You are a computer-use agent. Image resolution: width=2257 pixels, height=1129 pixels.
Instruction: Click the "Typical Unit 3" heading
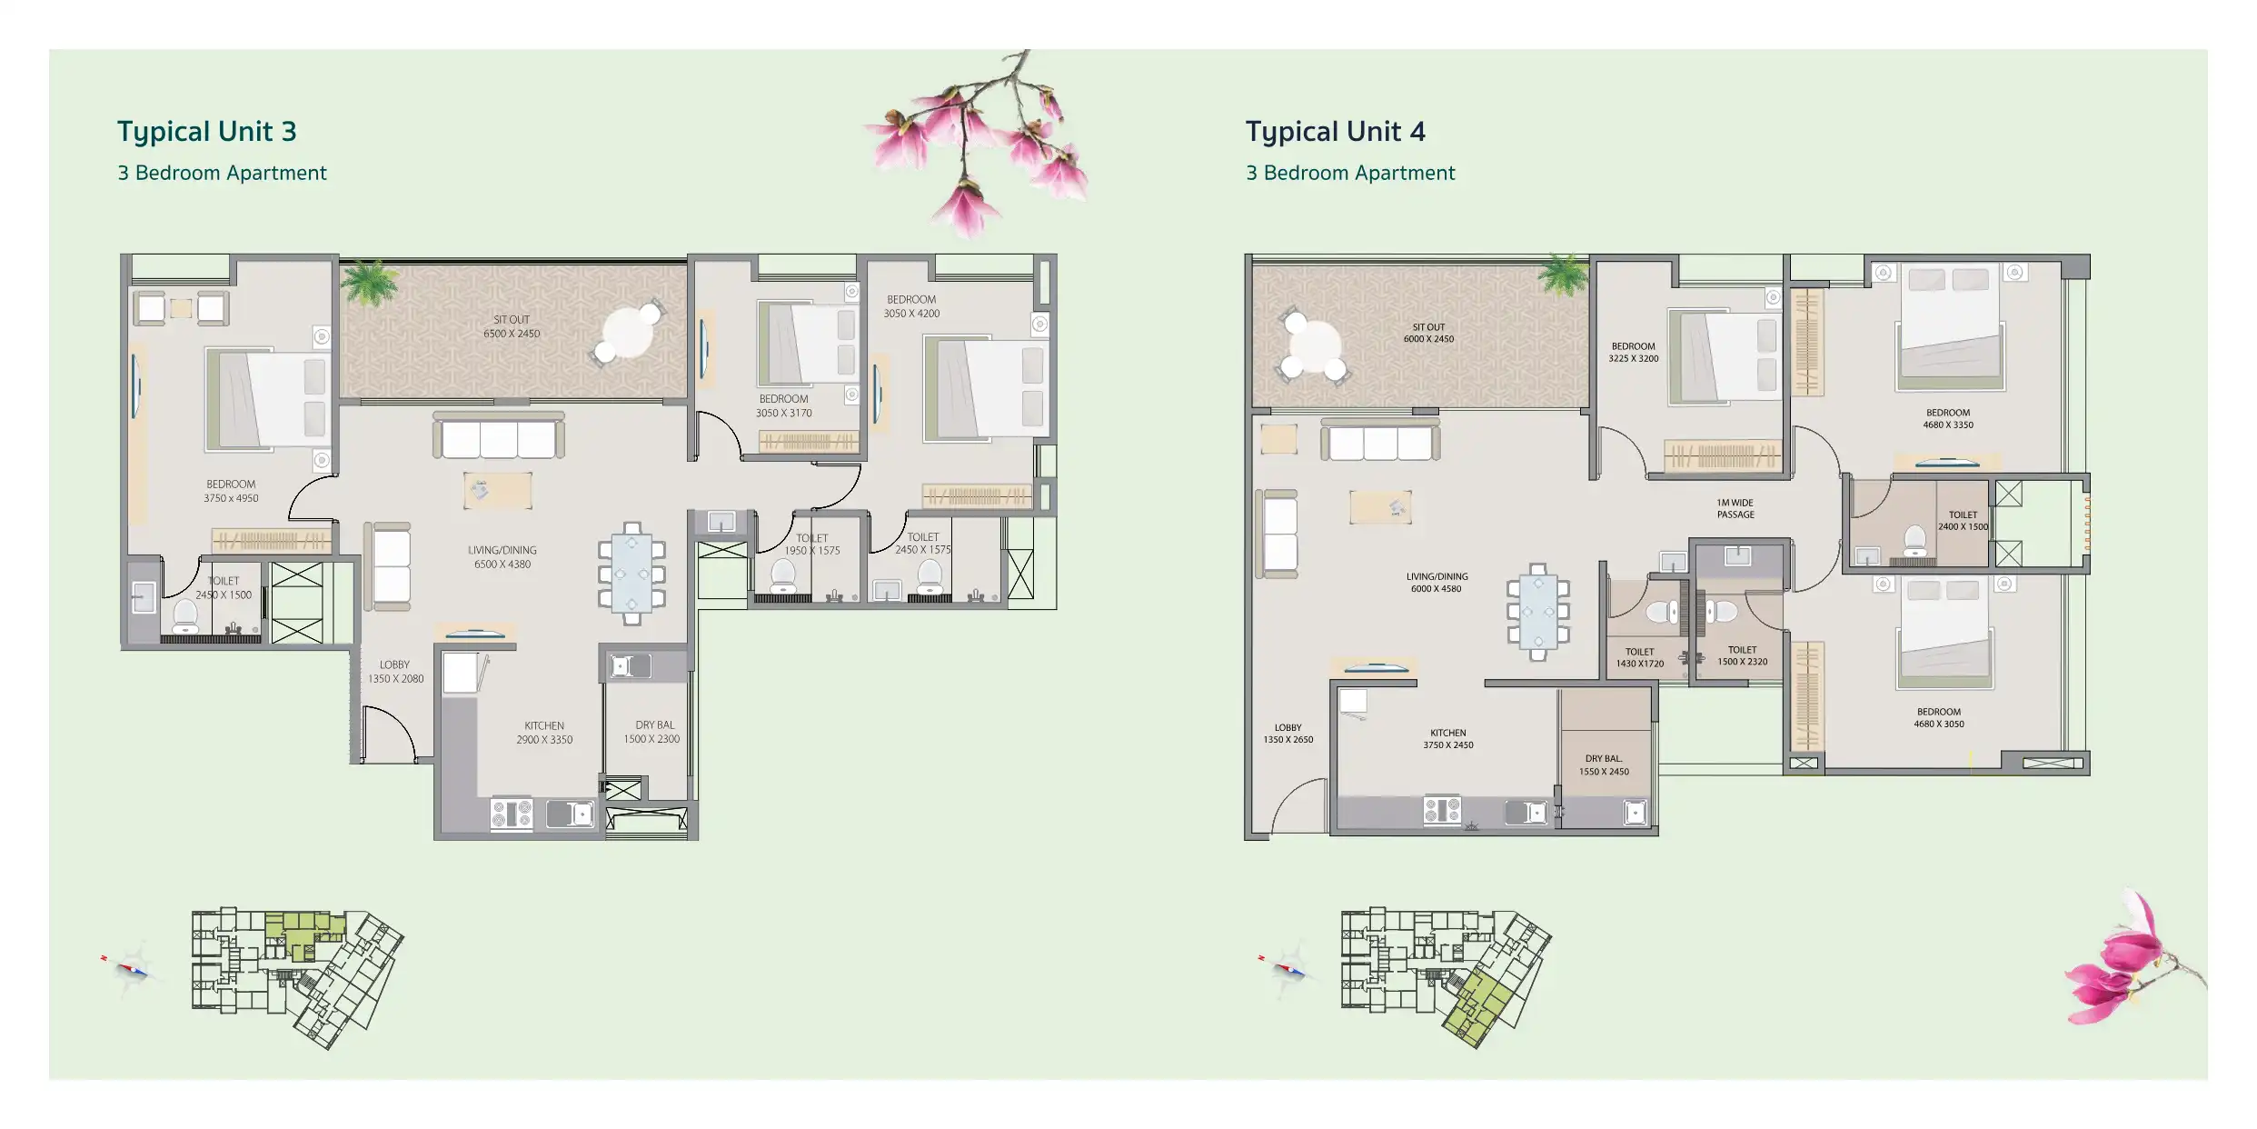pyautogui.click(x=207, y=132)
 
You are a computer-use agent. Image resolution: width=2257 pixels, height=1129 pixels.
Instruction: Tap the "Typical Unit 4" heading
pyautogui.click(x=1336, y=132)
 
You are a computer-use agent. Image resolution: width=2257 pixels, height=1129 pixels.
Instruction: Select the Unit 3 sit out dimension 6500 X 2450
pyautogui.click(x=512, y=334)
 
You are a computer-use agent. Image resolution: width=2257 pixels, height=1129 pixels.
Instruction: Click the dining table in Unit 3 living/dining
pyautogui.click(x=631, y=574)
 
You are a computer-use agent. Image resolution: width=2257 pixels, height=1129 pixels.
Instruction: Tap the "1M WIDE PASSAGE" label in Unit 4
pyautogui.click(x=1735, y=508)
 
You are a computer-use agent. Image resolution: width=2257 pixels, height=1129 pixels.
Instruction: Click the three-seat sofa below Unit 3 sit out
pyautogui.click(x=498, y=435)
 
